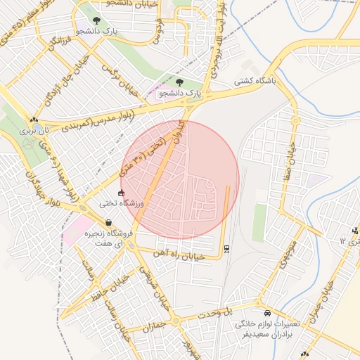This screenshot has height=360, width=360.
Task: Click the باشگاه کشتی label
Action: click(255, 81)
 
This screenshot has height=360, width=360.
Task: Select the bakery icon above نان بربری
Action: click(33, 120)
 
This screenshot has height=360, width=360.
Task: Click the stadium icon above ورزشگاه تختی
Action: click(121, 193)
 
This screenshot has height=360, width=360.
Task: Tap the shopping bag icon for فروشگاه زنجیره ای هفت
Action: click(108, 222)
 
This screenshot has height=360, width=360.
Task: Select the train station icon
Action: click(226, 247)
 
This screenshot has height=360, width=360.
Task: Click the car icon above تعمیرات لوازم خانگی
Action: click(267, 313)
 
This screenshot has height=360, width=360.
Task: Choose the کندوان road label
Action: click(182, 131)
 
